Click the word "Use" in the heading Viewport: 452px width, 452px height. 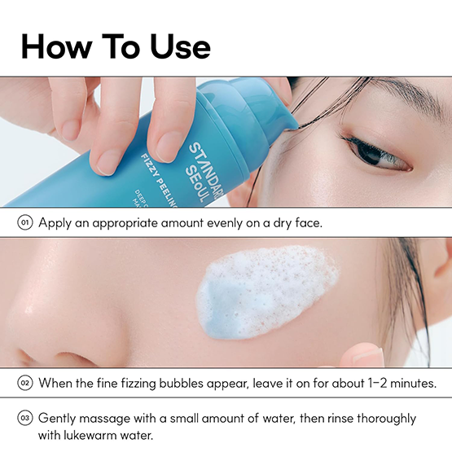180,46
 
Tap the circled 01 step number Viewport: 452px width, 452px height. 25,223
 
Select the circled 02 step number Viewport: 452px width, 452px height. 25,383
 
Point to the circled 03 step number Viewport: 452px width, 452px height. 25,418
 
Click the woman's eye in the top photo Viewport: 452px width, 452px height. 379,154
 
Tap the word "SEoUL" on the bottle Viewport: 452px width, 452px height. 195,184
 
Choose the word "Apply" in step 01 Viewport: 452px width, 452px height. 55,223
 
